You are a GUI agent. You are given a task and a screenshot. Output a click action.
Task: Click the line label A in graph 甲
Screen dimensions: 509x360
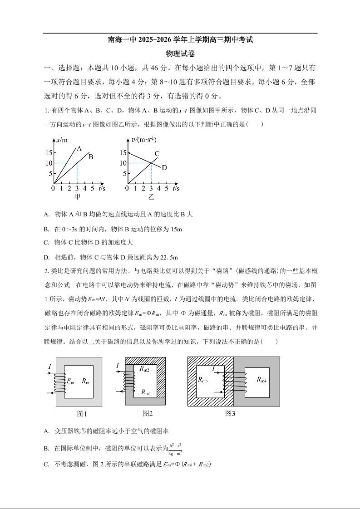[79, 148]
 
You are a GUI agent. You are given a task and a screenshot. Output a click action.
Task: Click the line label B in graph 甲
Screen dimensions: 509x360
[91, 157]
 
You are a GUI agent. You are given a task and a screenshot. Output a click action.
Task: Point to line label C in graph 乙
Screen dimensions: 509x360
[157, 154]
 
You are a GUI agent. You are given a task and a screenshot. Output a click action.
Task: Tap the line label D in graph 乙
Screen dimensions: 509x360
[164, 167]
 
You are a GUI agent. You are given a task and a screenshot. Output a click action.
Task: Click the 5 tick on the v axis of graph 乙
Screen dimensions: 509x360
[123, 174]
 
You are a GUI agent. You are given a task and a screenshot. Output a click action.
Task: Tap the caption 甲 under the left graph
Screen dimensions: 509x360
[78, 197]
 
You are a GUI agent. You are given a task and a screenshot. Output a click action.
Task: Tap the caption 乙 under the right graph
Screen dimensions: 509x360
[151, 197]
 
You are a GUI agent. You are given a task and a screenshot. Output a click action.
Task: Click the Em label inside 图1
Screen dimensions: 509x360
[70, 382]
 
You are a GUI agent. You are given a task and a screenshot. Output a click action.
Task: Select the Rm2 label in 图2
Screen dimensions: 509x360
[145, 369]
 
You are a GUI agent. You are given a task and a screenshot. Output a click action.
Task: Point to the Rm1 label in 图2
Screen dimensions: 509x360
[146, 392]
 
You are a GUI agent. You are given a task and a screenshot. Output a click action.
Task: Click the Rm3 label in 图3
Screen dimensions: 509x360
[202, 380]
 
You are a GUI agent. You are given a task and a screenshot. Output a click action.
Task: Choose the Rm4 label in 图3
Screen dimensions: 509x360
[261, 380]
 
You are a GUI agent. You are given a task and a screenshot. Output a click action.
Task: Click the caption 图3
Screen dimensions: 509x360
[230, 413]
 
